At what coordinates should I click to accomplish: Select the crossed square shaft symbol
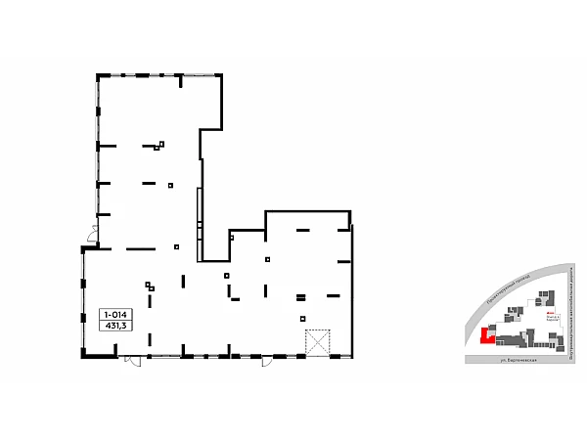(319, 343)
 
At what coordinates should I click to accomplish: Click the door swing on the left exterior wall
(91, 235)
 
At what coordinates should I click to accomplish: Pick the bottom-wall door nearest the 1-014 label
(132, 362)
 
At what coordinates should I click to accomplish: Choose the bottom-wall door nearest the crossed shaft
(266, 362)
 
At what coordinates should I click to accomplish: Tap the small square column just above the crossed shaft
(302, 318)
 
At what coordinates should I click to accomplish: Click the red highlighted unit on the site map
(484, 335)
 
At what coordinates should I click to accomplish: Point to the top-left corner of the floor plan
(97, 73)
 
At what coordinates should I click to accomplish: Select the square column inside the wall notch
(232, 237)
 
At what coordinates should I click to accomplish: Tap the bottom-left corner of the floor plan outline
(82, 357)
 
